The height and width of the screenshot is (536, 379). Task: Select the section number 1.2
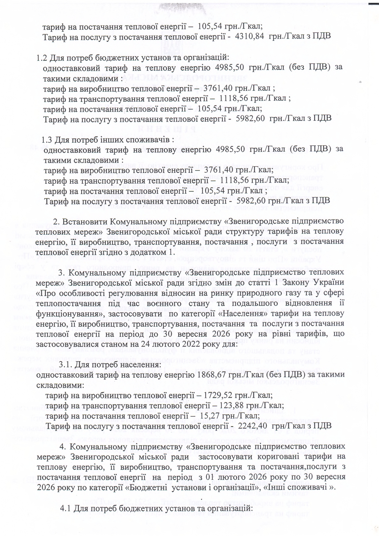[x=42, y=58]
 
